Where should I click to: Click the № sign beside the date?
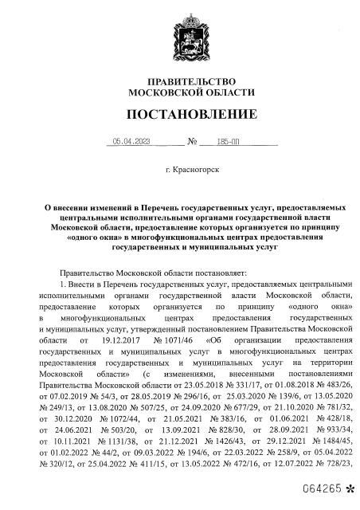pyautogui.click(x=170, y=143)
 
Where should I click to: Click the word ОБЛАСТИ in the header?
pyautogui.click(x=217, y=92)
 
